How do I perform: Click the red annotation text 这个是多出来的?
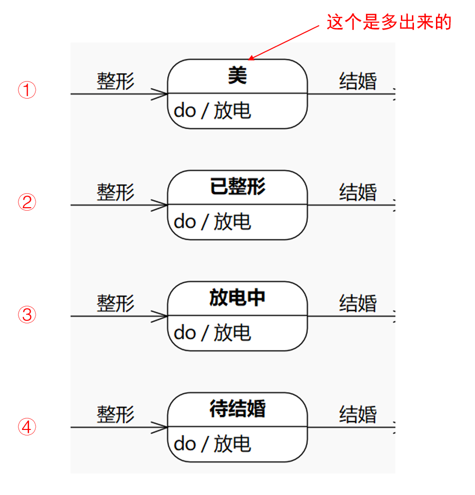(x=389, y=22)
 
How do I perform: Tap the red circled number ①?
(x=27, y=90)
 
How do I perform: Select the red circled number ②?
(x=27, y=202)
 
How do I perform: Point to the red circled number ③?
(x=27, y=314)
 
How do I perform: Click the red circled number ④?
(x=27, y=427)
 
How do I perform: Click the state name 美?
(x=237, y=76)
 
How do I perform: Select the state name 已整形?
(x=238, y=187)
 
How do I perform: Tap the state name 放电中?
(x=237, y=298)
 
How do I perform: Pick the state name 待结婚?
(x=238, y=409)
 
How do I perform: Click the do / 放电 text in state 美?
(x=212, y=111)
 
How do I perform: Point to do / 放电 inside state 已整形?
(x=212, y=222)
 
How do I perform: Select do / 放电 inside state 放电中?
(x=212, y=333)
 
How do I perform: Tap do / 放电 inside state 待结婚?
(x=212, y=444)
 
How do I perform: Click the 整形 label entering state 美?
(x=116, y=81)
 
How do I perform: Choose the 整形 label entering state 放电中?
(x=116, y=303)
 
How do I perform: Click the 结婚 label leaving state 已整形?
(x=358, y=192)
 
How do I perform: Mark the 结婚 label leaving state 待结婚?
(x=358, y=414)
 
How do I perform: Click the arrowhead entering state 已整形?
(x=159, y=205)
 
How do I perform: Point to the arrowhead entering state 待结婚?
(x=159, y=427)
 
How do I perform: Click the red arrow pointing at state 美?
(x=283, y=43)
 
